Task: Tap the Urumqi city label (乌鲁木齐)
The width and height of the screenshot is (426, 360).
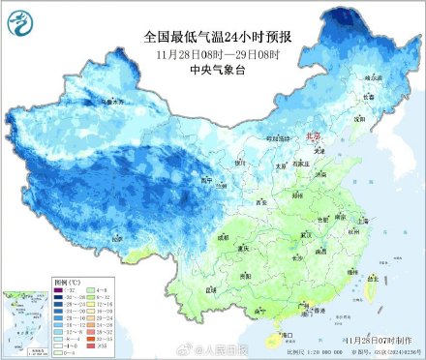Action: (x=114, y=101)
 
